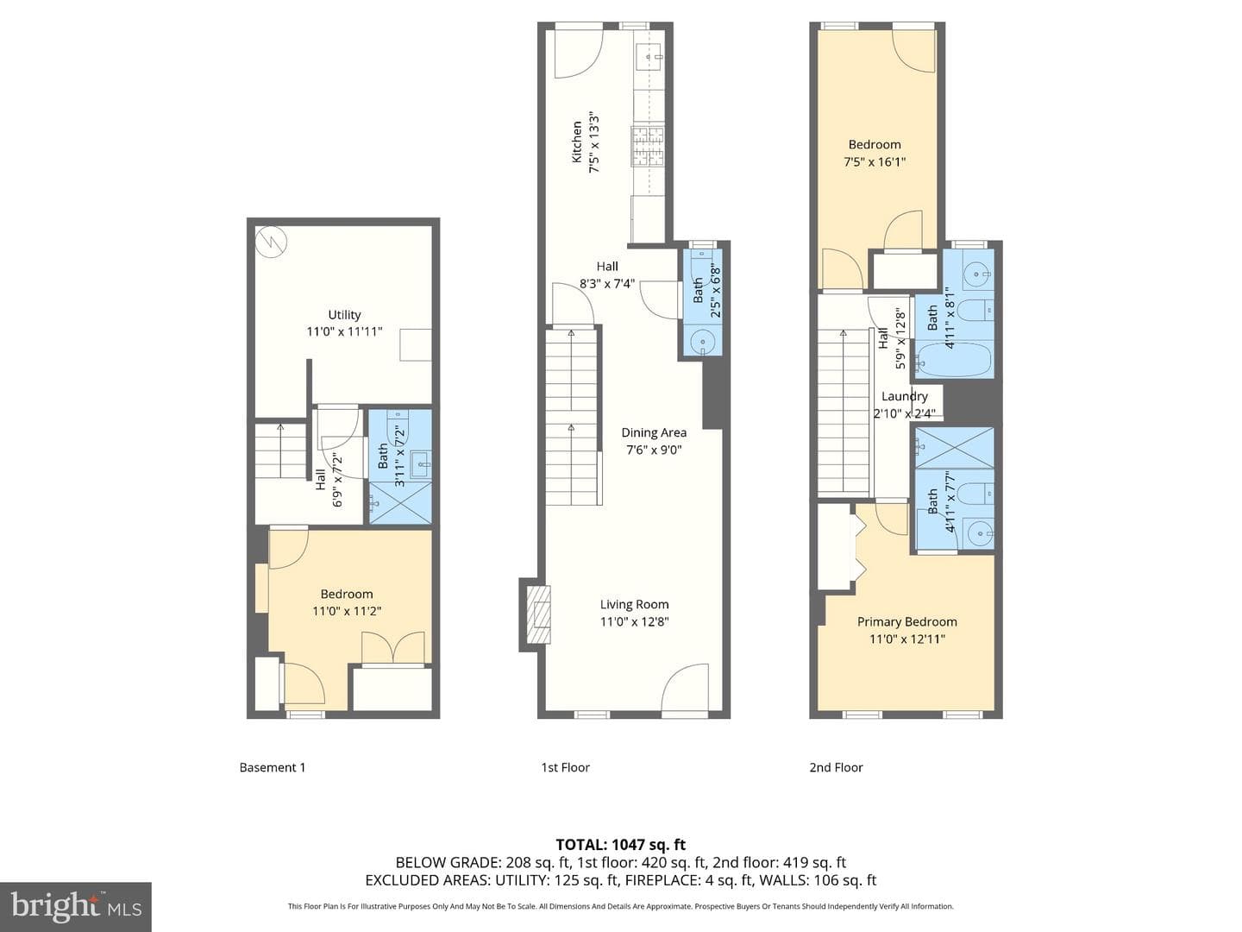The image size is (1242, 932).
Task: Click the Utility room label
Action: point(344,315)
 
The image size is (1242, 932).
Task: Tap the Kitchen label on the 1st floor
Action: point(577,142)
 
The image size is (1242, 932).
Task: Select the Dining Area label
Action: point(654,433)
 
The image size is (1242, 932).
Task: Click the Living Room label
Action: point(634,604)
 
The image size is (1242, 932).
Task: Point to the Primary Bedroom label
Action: point(907,622)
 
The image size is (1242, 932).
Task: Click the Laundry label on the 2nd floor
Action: point(904,396)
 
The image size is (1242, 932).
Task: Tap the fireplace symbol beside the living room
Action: point(538,614)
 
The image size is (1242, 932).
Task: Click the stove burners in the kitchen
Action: point(648,147)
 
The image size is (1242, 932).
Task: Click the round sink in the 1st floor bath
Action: point(702,343)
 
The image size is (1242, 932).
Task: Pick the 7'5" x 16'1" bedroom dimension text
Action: point(875,162)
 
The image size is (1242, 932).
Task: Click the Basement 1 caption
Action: point(273,767)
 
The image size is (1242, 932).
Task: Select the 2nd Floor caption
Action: point(836,767)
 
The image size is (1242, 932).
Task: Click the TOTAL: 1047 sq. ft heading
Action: point(621,845)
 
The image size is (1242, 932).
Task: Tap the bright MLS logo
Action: point(76,906)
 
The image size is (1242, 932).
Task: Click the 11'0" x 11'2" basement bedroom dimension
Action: point(346,611)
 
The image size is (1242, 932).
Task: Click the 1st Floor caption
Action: point(565,767)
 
